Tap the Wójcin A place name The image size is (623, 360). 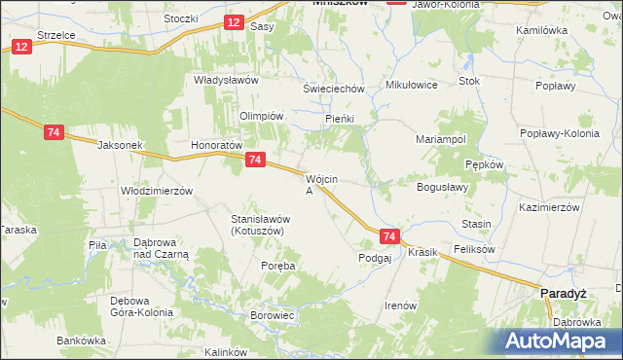point(321,186)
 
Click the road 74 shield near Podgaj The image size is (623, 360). point(389,236)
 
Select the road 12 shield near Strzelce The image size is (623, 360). point(22,47)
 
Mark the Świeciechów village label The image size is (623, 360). point(333,89)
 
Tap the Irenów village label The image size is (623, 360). point(400,306)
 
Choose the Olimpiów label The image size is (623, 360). point(261,115)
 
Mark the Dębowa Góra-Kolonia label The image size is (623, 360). point(141,306)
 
